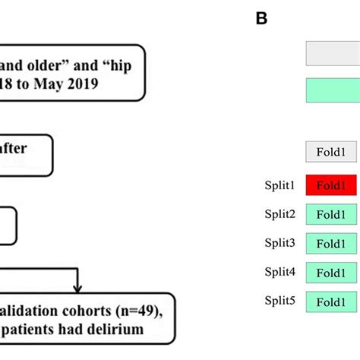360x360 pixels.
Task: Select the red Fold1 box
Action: (331, 185)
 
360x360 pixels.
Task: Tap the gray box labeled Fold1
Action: (331, 152)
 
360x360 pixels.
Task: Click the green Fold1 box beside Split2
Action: (331, 215)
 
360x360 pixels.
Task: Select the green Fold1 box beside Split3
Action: (331, 244)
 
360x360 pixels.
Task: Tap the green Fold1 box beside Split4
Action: (331, 273)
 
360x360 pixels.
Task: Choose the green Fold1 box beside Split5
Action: (331, 302)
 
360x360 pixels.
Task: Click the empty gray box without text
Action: (332, 54)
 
